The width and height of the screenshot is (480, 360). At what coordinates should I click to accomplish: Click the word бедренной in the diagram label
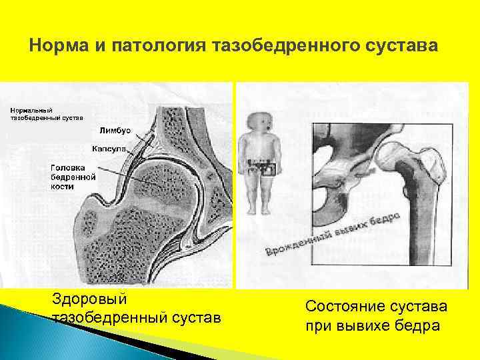point(73,177)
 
